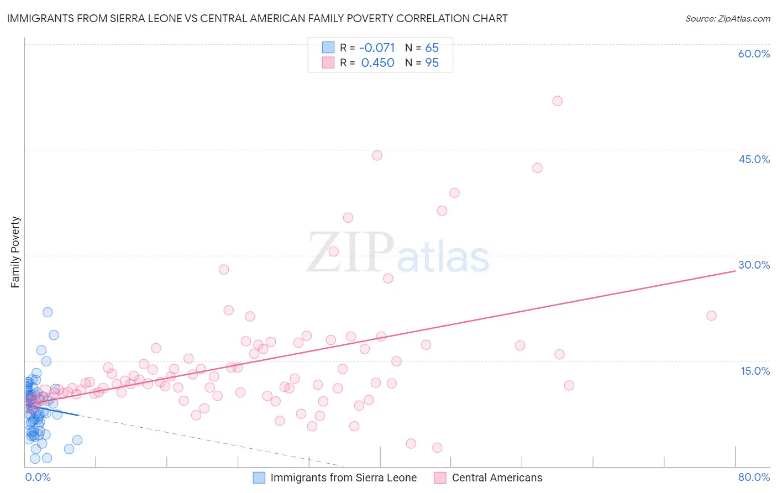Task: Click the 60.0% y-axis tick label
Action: pos(754,54)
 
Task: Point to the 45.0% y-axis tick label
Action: pos(754,159)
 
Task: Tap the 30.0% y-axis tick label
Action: pos(754,265)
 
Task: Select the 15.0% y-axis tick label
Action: pos(755,371)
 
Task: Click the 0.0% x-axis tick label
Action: pos(38,477)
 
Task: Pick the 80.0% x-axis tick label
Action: pos(754,477)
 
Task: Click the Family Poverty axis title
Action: pos(15,252)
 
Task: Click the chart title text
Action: pos(257,18)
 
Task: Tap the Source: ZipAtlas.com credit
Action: pos(727,18)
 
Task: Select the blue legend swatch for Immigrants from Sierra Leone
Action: pos(259,478)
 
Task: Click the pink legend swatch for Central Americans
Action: pos(440,478)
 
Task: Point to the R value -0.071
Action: pos(377,48)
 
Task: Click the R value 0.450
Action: pos(377,62)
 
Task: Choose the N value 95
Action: pos(432,62)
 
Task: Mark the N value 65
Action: pos(432,48)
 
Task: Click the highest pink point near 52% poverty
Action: pos(557,101)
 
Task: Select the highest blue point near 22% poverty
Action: pos(48,312)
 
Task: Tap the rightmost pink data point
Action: pos(711,316)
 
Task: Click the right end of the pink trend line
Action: pos(735,271)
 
